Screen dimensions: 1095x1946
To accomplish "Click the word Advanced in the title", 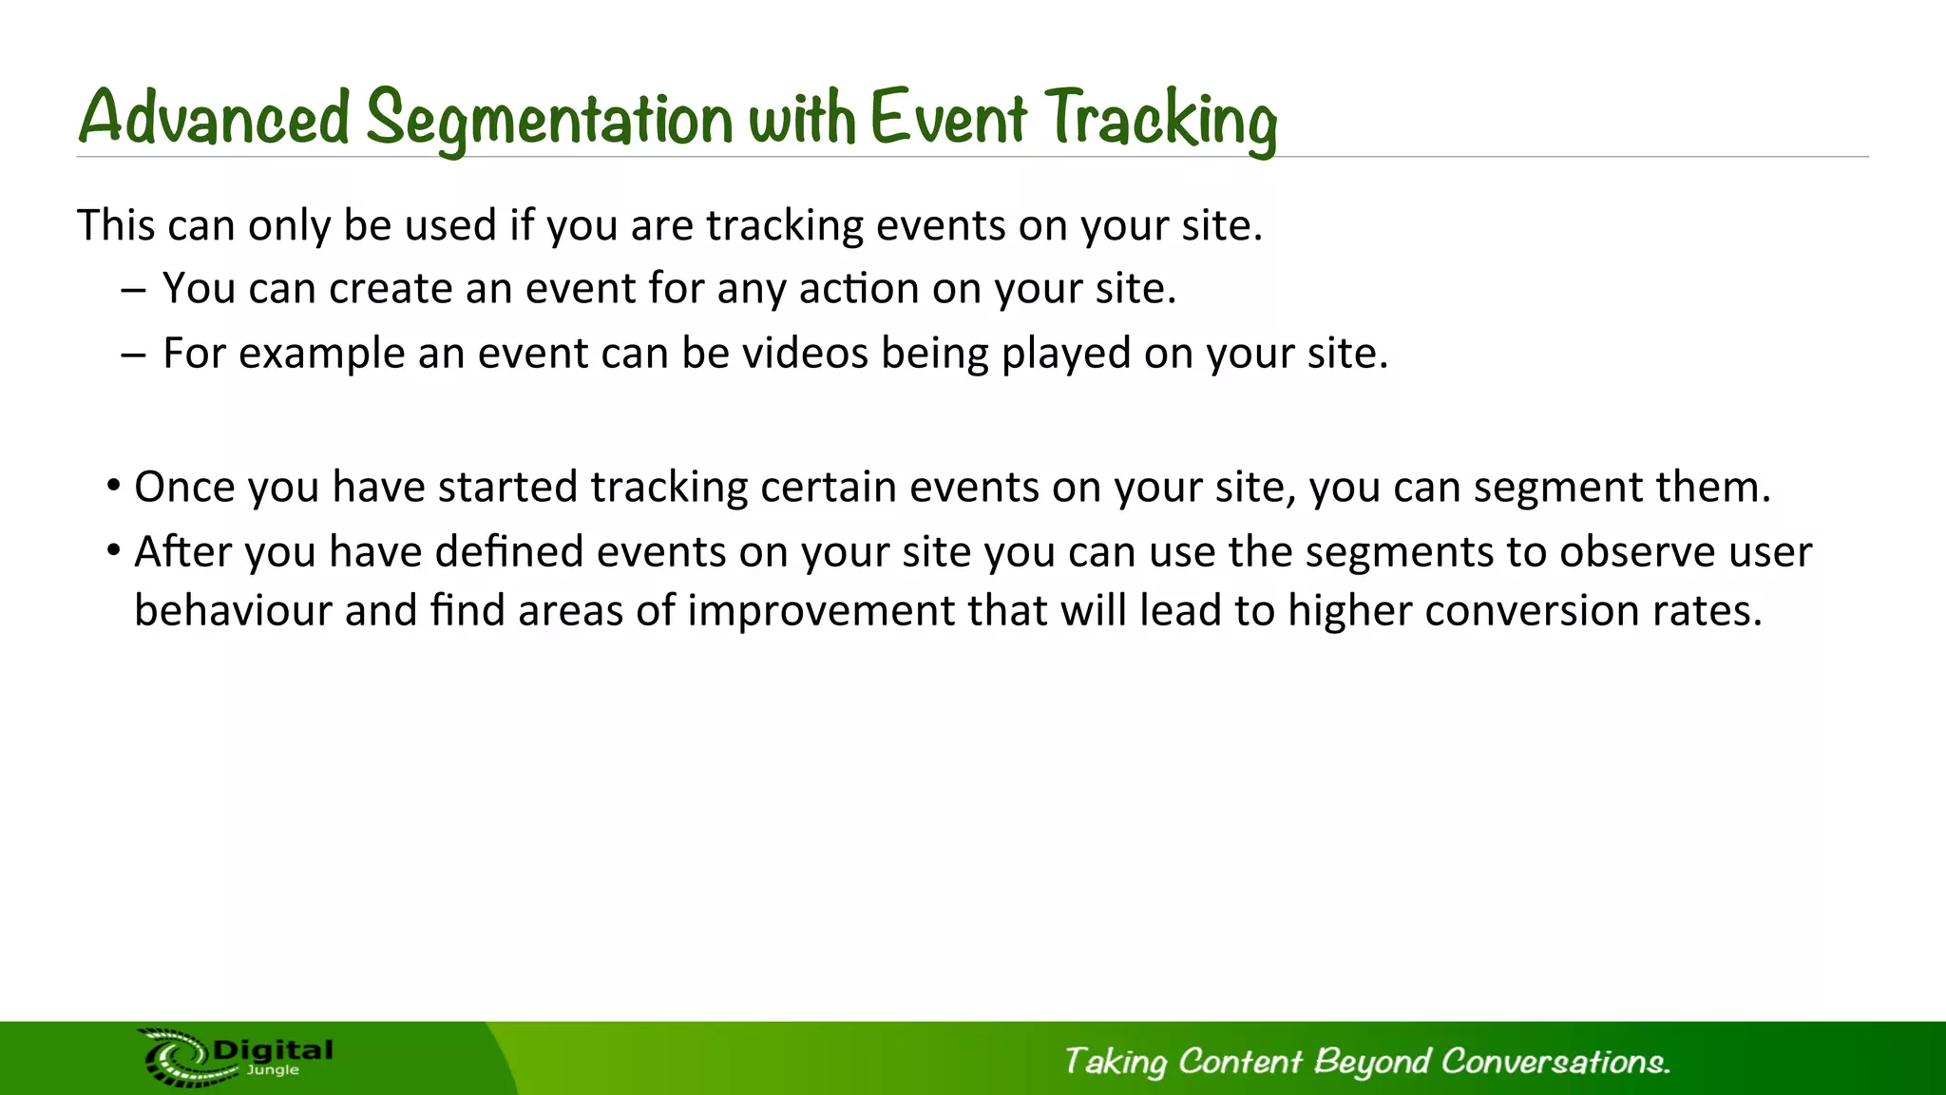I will pos(215,118).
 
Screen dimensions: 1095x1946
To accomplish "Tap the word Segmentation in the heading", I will pos(549,120).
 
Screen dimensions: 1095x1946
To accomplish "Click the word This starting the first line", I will pos(115,226).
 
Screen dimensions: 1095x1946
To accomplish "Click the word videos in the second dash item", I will pos(805,354).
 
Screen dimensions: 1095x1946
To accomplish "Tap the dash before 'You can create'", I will pos(134,290).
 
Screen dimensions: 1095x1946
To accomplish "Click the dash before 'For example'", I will pos(134,355).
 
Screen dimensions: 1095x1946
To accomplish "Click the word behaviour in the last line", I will pos(233,611).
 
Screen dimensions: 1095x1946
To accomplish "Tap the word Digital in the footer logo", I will pos(274,1050).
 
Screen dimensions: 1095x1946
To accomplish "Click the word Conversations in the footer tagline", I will pos(1555,1062).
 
